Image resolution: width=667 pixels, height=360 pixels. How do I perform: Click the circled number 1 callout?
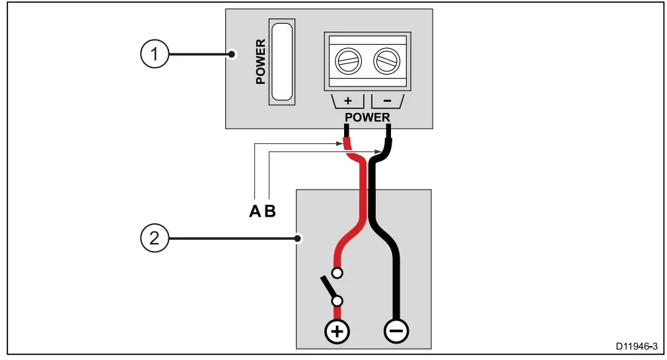click(155, 54)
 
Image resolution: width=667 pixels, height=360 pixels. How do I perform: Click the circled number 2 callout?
click(155, 238)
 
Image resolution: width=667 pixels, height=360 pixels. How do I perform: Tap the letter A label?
click(255, 212)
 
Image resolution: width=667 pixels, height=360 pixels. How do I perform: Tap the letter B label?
click(269, 212)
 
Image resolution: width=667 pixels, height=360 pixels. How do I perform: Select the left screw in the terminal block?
click(347, 63)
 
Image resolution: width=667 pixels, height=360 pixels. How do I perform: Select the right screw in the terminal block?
click(386, 63)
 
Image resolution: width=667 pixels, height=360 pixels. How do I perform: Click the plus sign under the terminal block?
click(348, 102)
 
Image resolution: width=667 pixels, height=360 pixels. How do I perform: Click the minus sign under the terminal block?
click(387, 102)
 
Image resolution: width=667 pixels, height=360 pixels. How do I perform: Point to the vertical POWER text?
click(260, 61)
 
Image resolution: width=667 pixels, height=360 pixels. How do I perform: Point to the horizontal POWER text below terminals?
click(367, 118)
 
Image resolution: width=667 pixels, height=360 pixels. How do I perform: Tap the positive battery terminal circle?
click(337, 331)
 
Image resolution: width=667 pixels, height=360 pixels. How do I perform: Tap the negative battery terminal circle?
click(396, 331)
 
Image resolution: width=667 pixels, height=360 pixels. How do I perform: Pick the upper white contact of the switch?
click(337, 272)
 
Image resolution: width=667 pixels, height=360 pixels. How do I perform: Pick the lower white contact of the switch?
click(337, 302)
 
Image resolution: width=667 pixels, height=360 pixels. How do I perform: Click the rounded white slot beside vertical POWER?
click(282, 61)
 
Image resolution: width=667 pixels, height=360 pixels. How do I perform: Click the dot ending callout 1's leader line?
click(231, 54)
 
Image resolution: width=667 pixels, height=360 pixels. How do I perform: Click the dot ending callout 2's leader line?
click(298, 238)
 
